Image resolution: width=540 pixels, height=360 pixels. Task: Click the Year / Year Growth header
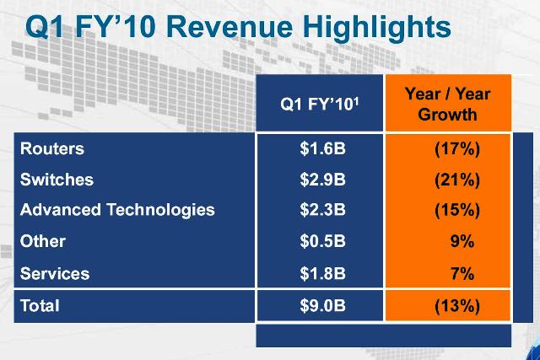tap(447, 104)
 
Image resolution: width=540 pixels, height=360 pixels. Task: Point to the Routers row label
tap(52, 149)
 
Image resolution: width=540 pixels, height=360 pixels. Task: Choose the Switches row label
tap(57, 180)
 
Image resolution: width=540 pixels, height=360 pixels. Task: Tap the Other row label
tap(42, 241)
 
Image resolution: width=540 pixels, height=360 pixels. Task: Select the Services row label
tap(54, 273)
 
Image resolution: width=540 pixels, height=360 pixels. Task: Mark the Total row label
tap(40, 306)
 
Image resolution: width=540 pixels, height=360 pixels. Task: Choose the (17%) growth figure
tap(456, 149)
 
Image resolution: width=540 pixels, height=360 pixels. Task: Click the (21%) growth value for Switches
tap(456, 180)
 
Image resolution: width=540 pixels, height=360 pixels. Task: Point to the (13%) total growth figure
tap(456, 306)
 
